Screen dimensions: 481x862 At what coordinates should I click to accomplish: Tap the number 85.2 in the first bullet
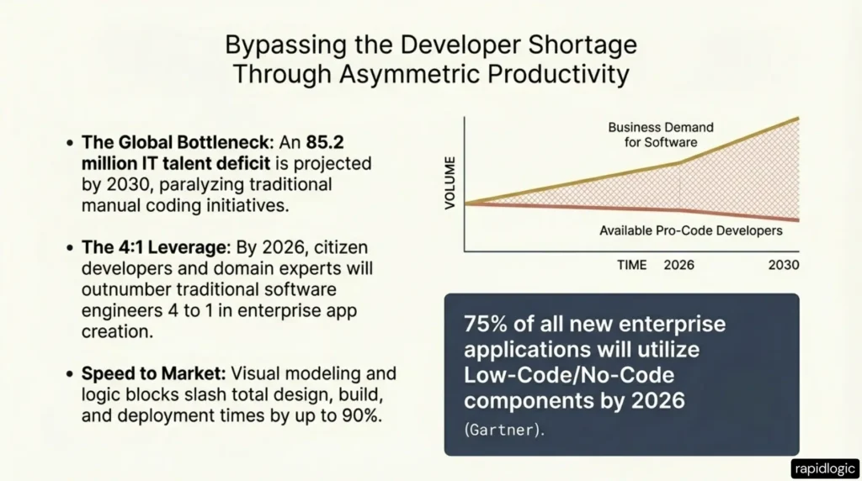[x=350, y=142]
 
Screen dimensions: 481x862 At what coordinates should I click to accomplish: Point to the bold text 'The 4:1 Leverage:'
[x=139, y=251]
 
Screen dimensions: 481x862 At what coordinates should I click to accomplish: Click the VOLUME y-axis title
[x=449, y=182]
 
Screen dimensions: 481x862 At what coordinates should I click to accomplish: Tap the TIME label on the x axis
[x=631, y=265]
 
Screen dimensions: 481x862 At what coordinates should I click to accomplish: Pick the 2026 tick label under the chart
[x=681, y=265]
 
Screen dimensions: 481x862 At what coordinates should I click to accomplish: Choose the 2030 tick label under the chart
[x=783, y=265]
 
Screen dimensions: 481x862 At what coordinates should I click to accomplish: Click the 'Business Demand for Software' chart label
[x=661, y=135]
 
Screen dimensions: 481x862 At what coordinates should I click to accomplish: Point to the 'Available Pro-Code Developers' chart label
[x=690, y=230]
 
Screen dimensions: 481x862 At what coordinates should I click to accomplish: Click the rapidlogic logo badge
[x=823, y=468]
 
